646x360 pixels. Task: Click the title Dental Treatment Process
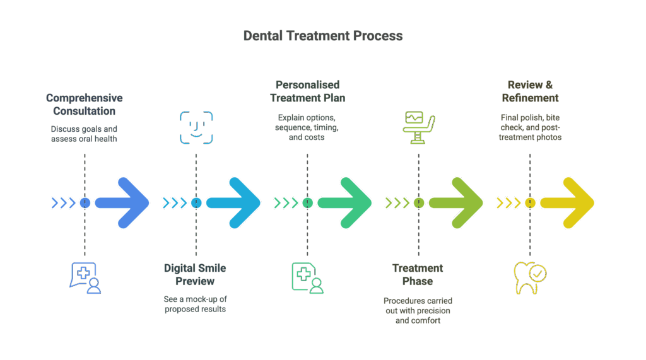pos(323,36)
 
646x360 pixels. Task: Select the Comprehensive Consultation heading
pos(85,105)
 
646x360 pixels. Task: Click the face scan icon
pos(196,128)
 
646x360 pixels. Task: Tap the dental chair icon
pos(418,128)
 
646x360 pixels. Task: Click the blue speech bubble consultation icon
pos(85,277)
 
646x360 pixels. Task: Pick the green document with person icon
pos(307,278)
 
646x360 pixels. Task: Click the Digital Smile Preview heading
pos(195,274)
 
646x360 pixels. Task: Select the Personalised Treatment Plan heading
pos(307,91)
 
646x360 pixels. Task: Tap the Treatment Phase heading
pos(418,274)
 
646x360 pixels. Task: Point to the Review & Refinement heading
pos(530,91)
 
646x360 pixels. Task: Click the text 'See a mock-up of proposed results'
pos(195,304)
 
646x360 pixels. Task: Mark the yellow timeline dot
pos(530,203)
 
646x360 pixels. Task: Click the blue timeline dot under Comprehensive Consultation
pos(85,203)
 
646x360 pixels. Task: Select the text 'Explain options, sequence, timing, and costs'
pos(307,127)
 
